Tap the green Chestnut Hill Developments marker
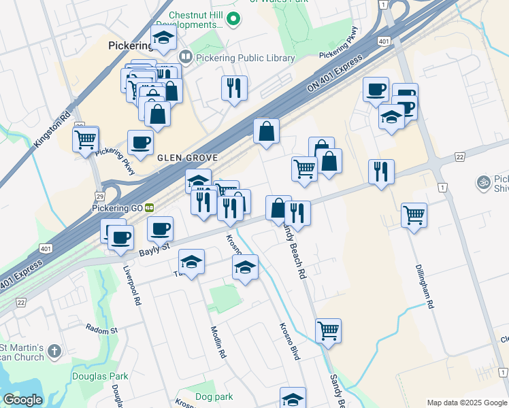(234, 18)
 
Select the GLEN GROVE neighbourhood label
(187, 158)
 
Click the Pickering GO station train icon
(148, 207)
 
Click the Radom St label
(101, 330)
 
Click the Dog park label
(214, 396)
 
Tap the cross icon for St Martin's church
(55, 352)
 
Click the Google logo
(22, 400)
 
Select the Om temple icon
(483, 182)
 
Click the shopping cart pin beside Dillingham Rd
(414, 216)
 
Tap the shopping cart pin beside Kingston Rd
(86, 139)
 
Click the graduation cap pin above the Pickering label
(163, 39)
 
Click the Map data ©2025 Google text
(466, 402)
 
